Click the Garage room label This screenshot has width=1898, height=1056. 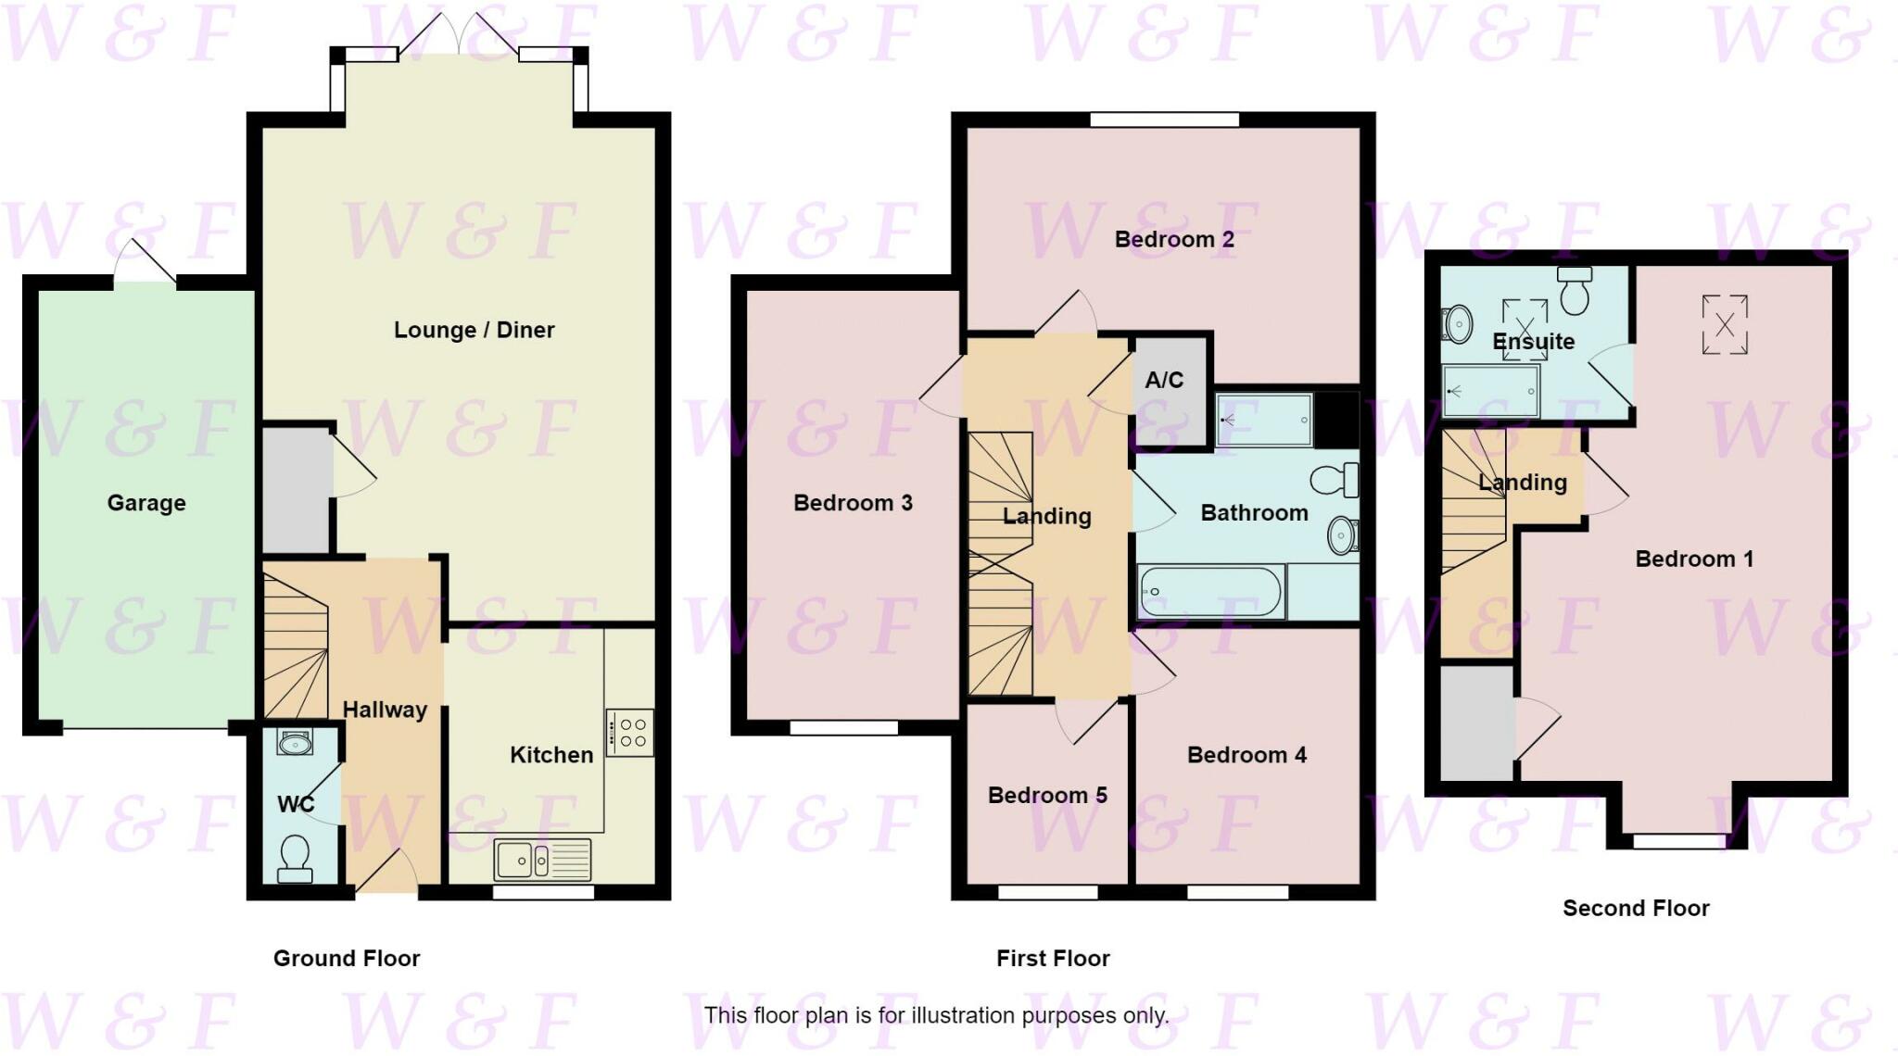pyautogui.click(x=146, y=503)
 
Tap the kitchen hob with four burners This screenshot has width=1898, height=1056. pyautogui.click(x=630, y=733)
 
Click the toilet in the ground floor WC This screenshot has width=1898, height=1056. pyautogui.click(x=295, y=857)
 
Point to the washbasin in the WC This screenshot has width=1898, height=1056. pyautogui.click(x=295, y=742)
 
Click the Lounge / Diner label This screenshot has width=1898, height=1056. pyautogui.click(x=474, y=330)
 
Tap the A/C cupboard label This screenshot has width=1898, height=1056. pyautogui.click(x=1164, y=380)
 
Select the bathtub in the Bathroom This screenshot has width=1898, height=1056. pyautogui.click(x=1210, y=592)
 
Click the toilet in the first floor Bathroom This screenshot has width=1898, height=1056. pyautogui.click(x=1335, y=480)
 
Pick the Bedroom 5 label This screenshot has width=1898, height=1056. pyautogui.click(x=1047, y=796)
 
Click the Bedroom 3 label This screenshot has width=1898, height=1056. pyautogui.click(x=853, y=503)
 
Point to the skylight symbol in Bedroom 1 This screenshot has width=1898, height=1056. pyautogui.click(x=1725, y=324)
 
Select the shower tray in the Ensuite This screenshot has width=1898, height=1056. pyautogui.click(x=1490, y=391)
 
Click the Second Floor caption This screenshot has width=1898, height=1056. pyautogui.click(x=1636, y=909)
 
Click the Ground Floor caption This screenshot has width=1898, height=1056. pyautogui.click(x=347, y=959)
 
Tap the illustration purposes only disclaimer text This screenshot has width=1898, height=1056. pyautogui.click(x=936, y=1015)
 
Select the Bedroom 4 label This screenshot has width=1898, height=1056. pyautogui.click(x=1246, y=755)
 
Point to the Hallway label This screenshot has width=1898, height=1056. pyautogui.click(x=385, y=710)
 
